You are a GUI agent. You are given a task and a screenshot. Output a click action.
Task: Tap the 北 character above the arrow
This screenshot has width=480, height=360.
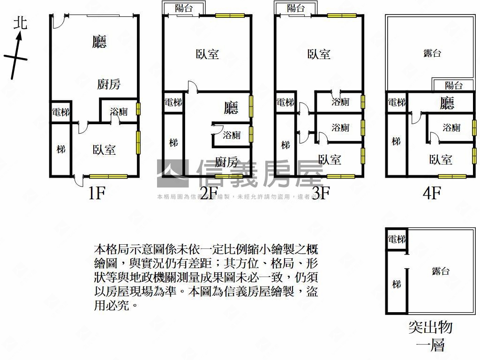pos(21,22)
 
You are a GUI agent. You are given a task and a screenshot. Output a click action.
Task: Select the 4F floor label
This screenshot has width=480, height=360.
pos(432,193)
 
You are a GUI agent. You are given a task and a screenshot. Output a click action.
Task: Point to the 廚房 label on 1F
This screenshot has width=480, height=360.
pos(109,84)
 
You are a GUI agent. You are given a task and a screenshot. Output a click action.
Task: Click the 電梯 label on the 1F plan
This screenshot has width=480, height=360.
pos(60,112)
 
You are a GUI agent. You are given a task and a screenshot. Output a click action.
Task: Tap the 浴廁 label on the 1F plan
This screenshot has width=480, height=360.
pos(119,112)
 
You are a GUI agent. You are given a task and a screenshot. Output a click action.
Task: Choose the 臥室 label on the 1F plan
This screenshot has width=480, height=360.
pos(104,150)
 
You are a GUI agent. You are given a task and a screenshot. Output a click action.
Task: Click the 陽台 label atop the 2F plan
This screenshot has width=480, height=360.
pos(183,8)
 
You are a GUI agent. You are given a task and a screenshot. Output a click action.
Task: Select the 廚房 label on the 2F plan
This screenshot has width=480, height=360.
pos(226,162)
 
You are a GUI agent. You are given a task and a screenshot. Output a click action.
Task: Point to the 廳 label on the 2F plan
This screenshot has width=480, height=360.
pos(231,108)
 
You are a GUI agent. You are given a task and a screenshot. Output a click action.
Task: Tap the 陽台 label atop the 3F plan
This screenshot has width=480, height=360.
pos(295,8)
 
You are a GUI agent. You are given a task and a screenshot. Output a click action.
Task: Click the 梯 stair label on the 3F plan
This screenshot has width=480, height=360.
pos(285,145)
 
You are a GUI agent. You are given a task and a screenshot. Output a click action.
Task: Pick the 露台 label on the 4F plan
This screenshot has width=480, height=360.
pos(432,53)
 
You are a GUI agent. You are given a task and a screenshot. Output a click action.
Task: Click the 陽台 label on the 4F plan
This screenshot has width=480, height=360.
pos(453,85)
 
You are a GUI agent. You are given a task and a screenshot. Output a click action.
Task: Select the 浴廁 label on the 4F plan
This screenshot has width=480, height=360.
pos(451,127)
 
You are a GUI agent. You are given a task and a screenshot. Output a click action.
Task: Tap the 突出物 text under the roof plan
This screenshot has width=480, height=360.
pos(430,327)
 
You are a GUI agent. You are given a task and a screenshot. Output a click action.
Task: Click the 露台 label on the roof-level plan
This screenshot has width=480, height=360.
pos(441,271)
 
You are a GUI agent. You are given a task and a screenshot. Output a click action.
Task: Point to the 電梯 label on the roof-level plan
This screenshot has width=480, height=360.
pos(397,240)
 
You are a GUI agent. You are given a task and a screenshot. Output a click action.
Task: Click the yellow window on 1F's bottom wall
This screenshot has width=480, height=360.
pos(108,177)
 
